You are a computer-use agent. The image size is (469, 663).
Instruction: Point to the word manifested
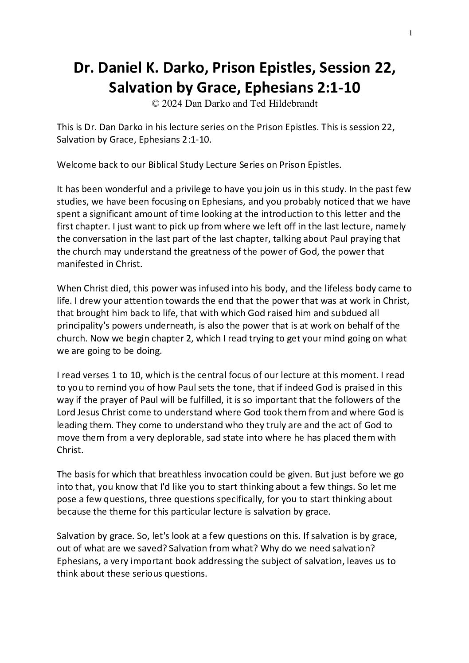(78, 264)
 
